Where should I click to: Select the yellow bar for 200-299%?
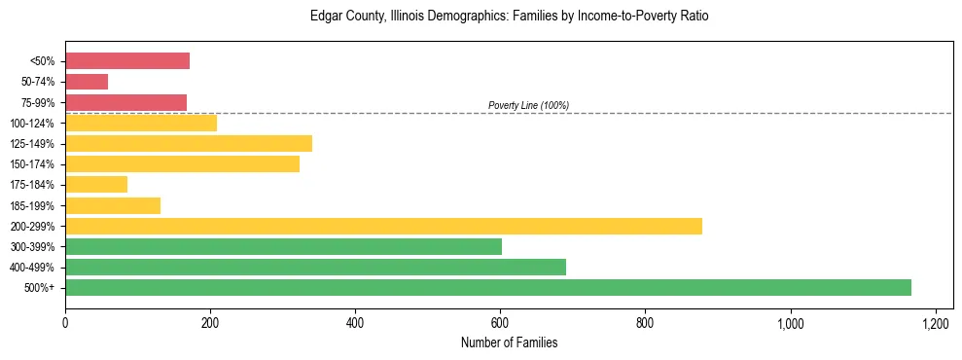[383, 226]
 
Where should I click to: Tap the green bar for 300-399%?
[283, 246]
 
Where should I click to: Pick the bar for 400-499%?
[315, 267]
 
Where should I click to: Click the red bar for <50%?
[127, 61]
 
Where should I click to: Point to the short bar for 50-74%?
[87, 82]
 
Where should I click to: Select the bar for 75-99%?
[125, 102]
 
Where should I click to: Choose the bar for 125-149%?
[189, 143]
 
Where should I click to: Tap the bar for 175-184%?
[96, 184]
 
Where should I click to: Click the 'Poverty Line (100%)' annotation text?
[528, 105]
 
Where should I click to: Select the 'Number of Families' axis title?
[509, 342]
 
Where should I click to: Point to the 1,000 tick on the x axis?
[790, 322]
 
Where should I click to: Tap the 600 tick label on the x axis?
[500, 322]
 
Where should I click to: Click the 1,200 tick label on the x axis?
[935, 322]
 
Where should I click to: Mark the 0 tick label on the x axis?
[65, 322]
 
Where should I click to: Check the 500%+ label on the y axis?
[40, 288]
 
